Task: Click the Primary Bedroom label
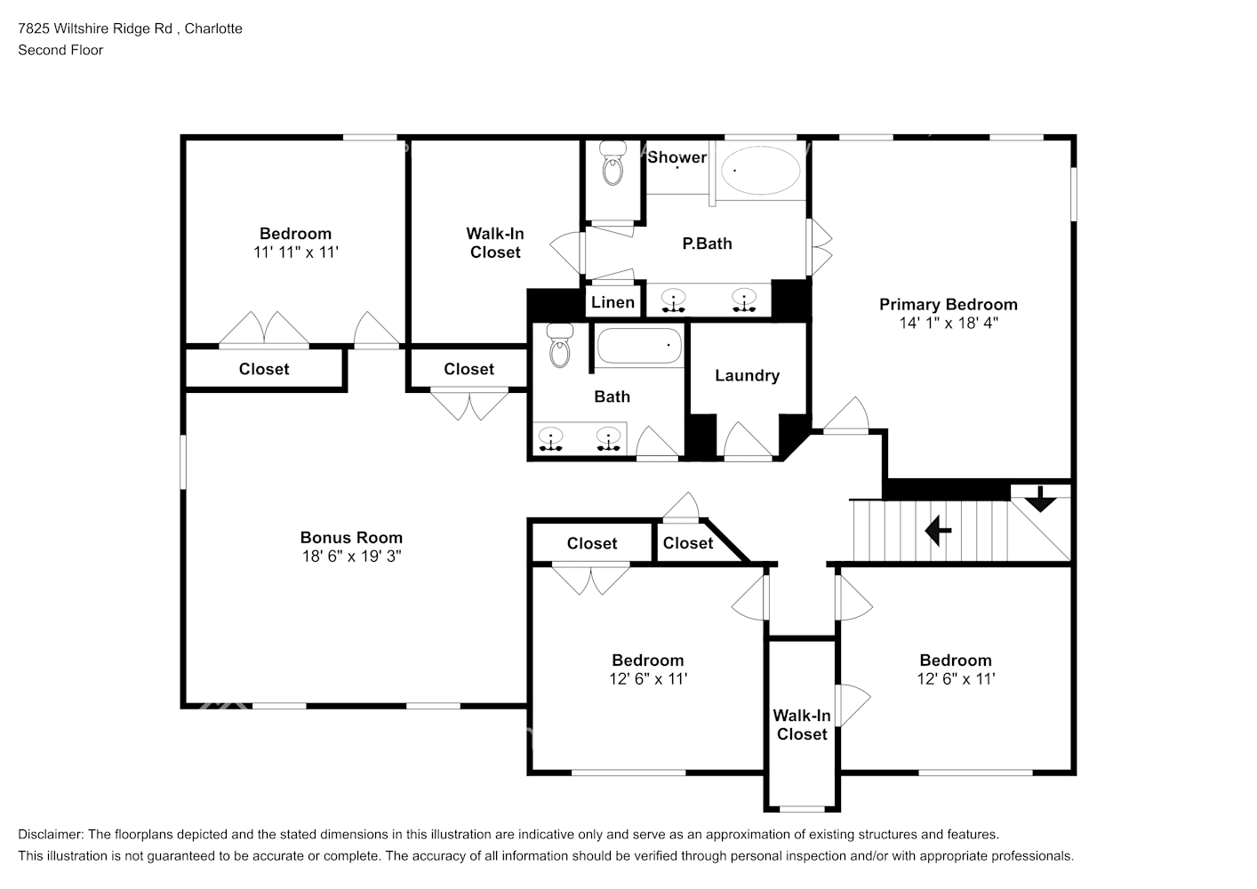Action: pyautogui.click(x=948, y=304)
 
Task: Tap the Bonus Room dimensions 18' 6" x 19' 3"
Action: pyautogui.click(x=351, y=557)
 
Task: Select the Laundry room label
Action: pyautogui.click(x=747, y=375)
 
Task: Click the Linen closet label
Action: pyautogui.click(x=612, y=302)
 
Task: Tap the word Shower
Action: pyautogui.click(x=677, y=157)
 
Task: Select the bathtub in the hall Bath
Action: pyautogui.click(x=638, y=347)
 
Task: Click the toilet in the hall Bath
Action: pyautogui.click(x=559, y=346)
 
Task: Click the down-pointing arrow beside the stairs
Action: pyautogui.click(x=1040, y=500)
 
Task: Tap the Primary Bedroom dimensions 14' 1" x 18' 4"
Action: pyautogui.click(x=948, y=324)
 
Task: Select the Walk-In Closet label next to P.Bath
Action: pyautogui.click(x=495, y=243)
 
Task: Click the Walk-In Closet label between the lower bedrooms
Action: pyautogui.click(x=801, y=725)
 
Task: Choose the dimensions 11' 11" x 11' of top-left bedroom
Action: pyautogui.click(x=295, y=252)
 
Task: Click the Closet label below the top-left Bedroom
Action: pyautogui.click(x=263, y=369)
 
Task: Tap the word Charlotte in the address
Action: pyautogui.click(x=214, y=28)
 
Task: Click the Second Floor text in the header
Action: pyautogui.click(x=60, y=50)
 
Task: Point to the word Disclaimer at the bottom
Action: pyautogui.click(x=50, y=835)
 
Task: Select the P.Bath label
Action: pyautogui.click(x=707, y=244)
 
